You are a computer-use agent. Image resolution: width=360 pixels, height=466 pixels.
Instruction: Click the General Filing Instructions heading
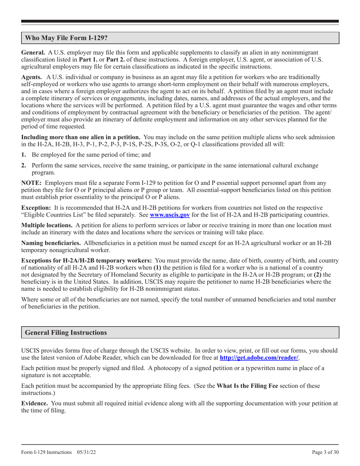[66, 332]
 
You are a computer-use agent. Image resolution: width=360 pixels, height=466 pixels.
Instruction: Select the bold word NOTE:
[31, 183]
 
